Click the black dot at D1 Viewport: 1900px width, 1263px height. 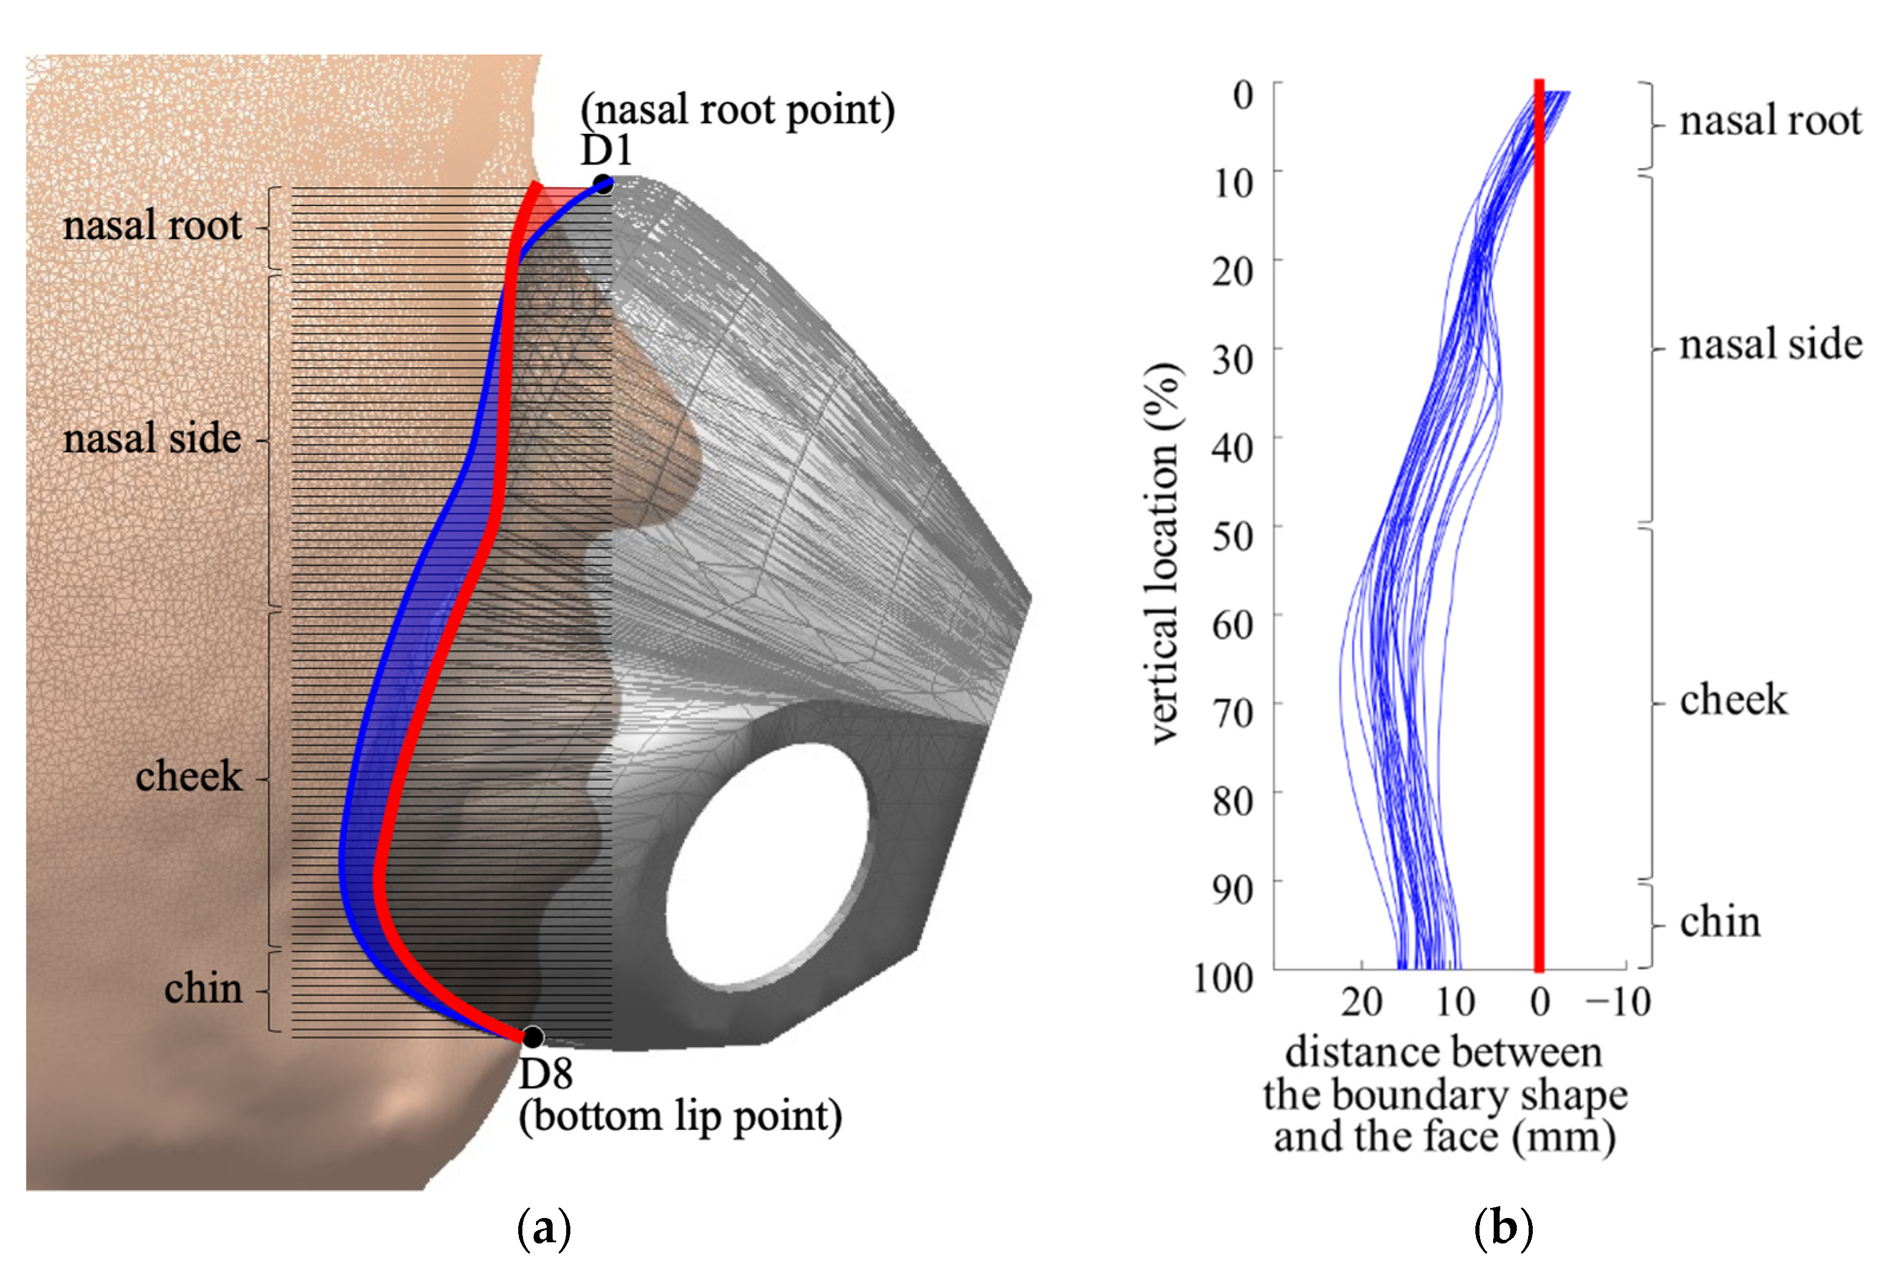(x=602, y=185)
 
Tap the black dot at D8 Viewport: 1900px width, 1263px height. (x=532, y=1037)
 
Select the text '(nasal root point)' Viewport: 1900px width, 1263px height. (x=737, y=110)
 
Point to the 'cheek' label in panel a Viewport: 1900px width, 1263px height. (x=188, y=776)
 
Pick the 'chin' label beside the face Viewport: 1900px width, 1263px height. (x=203, y=989)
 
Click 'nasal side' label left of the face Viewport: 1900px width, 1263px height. (x=152, y=439)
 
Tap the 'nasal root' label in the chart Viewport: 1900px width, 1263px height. (x=1770, y=121)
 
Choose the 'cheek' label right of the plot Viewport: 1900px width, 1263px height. (x=1732, y=699)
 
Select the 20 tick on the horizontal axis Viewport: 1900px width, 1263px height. (x=1361, y=1002)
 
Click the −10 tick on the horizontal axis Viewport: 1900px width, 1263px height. (x=1617, y=1002)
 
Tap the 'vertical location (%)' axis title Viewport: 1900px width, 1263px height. (x=1164, y=554)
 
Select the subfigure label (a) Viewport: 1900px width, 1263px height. (x=544, y=1229)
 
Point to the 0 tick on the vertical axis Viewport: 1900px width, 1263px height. (x=1243, y=95)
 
